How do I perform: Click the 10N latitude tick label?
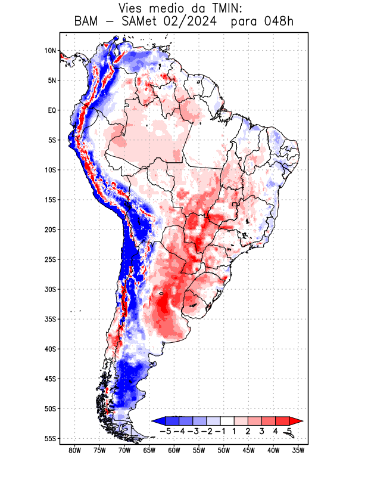pyautogui.click(x=50, y=51)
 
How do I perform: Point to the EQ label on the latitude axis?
pyautogui.click(x=52, y=110)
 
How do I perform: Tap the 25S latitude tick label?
pyautogui.click(x=50, y=259)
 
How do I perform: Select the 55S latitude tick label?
pyautogui.click(x=50, y=438)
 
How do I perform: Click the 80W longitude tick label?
pyautogui.click(x=74, y=450)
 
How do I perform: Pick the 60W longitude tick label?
pyautogui.click(x=174, y=450)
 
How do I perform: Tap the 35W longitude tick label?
pyautogui.click(x=298, y=450)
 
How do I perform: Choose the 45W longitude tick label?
pyautogui.click(x=249, y=450)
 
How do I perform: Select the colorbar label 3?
pyautogui.click(x=262, y=430)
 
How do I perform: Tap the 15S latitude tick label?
pyautogui.click(x=50, y=200)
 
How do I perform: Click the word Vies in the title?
pyautogui.click(x=132, y=8)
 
